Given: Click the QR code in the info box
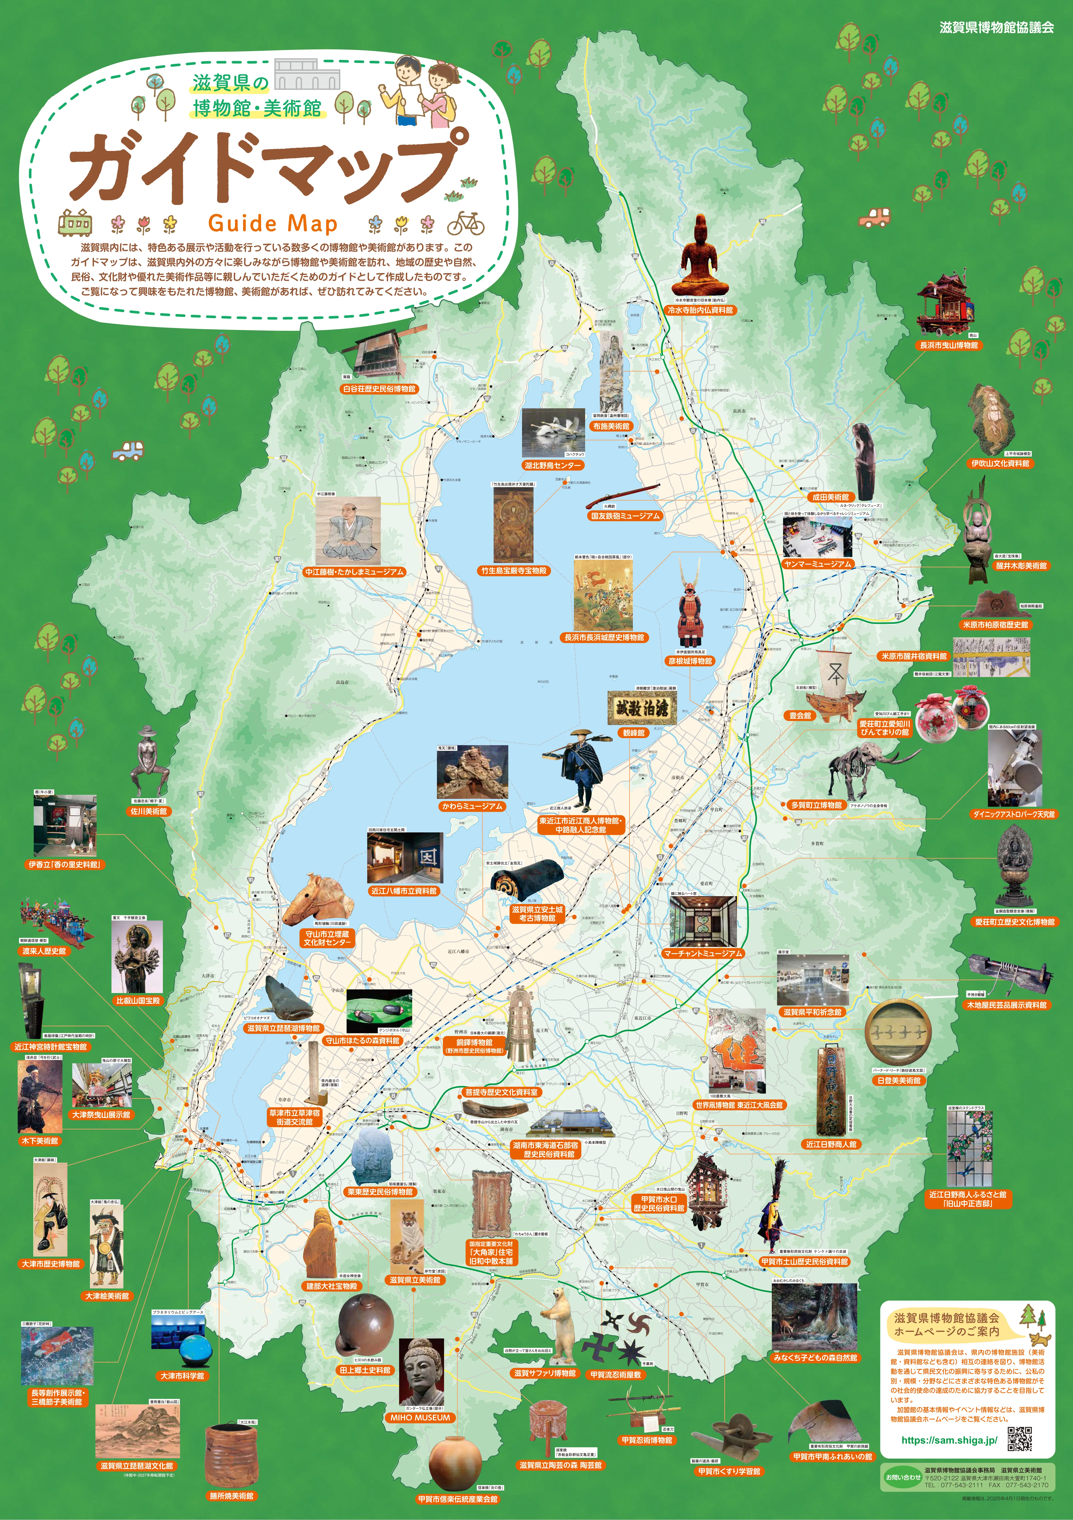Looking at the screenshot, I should click(1019, 1438).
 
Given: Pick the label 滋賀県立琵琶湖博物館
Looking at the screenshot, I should click(283, 1028).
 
